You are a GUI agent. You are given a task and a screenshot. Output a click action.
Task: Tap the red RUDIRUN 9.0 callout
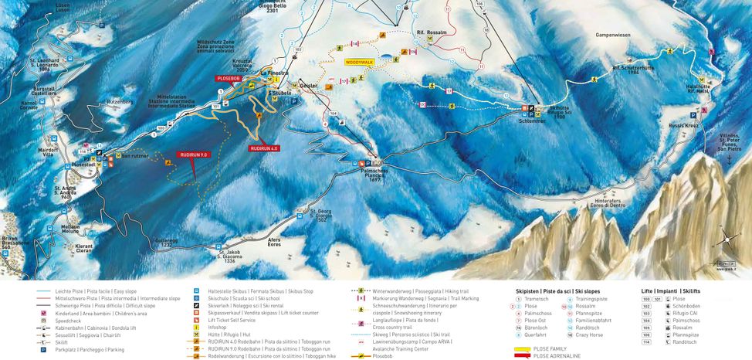pos(193,155)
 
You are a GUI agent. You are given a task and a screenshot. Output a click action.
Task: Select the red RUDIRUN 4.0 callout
pos(264,148)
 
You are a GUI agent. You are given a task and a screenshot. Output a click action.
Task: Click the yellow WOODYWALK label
pos(359,61)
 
